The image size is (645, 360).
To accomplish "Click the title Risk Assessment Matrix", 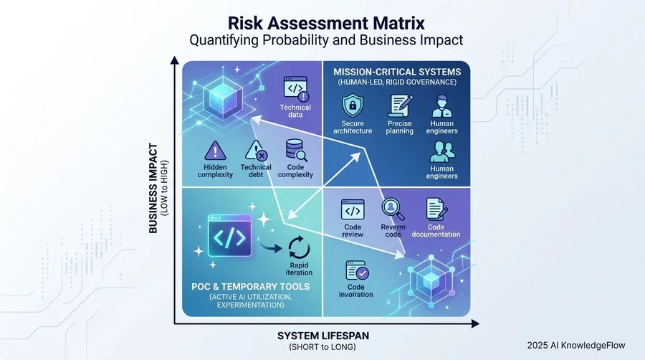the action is [x=326, y=23].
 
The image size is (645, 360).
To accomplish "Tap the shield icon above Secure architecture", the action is [x=353, y=105].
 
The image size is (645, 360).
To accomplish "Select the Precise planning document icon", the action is [x=400, y=105].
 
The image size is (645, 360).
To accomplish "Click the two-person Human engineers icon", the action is [x=442, y=151].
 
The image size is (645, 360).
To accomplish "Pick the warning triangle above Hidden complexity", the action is [x=215, y=151].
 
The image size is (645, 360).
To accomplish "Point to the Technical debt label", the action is [x=256, y=171].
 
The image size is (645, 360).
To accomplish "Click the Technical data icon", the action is [x=296, y=88].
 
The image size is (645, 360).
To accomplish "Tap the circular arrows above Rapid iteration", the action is [x=299, y=247].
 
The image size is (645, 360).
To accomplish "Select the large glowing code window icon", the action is [x=229, y=236].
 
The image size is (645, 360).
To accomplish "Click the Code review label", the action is [x=353, y=230].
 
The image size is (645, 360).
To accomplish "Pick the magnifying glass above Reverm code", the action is [x=393, y=209].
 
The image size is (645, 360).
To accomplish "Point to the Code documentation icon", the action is [x=436, y=209].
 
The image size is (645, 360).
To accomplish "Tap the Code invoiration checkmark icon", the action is [x=357, y=271].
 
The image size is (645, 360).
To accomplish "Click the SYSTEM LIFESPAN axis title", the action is [x=323, y=336].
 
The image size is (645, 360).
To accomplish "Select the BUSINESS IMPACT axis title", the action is [x=153, y=188].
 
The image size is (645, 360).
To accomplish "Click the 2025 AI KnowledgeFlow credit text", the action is [x=576, y=346].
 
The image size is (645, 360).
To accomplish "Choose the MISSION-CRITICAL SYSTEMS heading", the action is [x=397, y=72].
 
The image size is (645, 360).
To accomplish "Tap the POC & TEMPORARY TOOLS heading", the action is [x=251, y=286].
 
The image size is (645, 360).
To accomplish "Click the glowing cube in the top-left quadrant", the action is [x=224, y=98].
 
